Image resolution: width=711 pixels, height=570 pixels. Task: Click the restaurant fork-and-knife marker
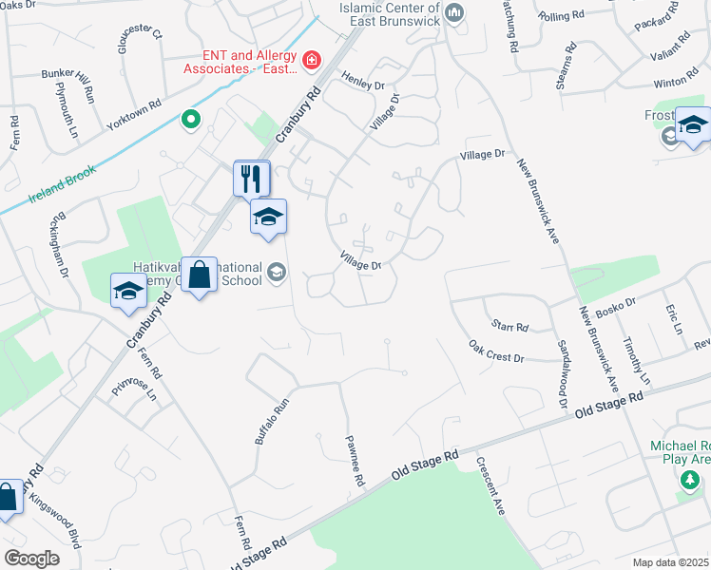click(252, 178)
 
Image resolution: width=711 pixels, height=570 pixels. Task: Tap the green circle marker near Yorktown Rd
click(190, 120)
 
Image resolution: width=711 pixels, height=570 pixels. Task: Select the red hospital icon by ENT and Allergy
click(310, 61)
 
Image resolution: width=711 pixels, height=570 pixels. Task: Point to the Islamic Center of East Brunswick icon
click(454, 12)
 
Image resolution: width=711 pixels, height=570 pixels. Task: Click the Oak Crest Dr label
click(496, 351)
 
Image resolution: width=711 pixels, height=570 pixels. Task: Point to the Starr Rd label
click(509, 327)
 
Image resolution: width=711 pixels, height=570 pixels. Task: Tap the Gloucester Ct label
click(143, 42)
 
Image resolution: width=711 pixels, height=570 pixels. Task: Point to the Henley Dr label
click(362, 84)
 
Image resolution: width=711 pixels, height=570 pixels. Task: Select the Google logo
click(31, 559)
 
